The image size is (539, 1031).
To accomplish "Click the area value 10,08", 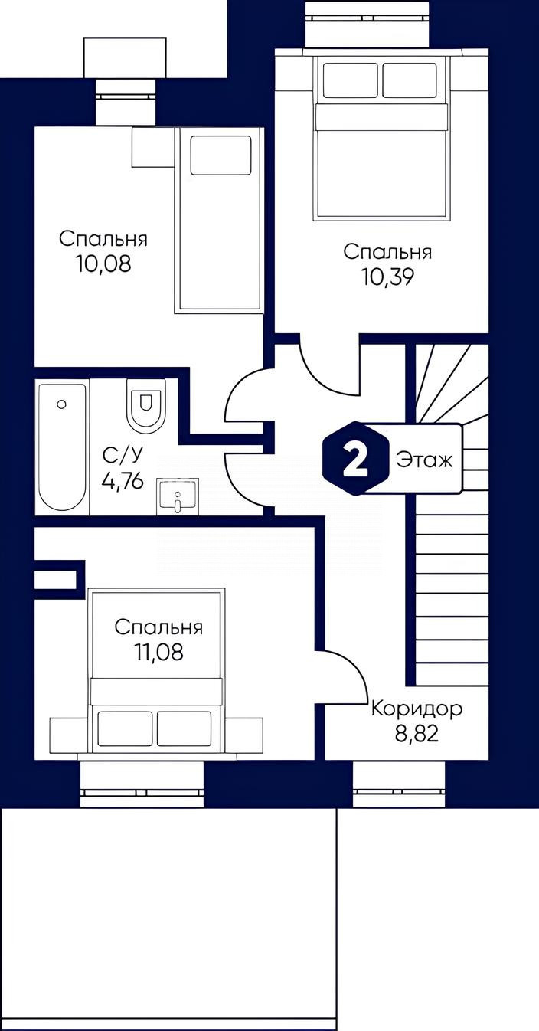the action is (x=104, y=264).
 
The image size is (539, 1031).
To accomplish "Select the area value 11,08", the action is (x=158, y=652).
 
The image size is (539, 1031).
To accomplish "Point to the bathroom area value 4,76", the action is (x=122, y=482).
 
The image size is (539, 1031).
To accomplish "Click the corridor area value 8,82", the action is (x=416, y=733).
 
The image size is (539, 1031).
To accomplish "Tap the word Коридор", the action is (x=416, y=709).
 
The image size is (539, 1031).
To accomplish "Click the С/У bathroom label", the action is (x=122, y=456).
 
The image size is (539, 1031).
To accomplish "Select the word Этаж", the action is (x=424, y=460).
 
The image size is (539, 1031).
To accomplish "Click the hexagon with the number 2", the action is (x=354, y=458).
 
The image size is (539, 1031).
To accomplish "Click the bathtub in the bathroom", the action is (x=62, y=446).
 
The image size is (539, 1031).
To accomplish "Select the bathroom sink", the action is (x=178, y=496).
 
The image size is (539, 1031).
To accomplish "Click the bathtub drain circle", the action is (x=61, y=404).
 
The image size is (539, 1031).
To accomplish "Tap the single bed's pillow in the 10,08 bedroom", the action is (x=220, y=155).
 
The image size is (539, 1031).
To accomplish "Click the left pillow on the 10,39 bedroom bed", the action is (x=351, y=80).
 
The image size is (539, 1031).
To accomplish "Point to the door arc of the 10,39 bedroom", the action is (x=322, y=378).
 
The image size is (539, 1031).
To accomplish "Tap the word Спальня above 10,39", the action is (x=387, y=252).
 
